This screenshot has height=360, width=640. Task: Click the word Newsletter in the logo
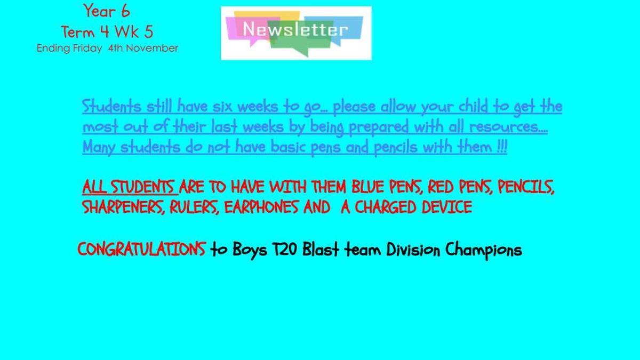tap(295, 29)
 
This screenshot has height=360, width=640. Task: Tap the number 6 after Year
tap(125, 11)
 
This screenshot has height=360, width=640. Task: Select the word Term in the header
tap(78, 31)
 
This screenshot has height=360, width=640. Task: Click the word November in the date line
tap(153, 48)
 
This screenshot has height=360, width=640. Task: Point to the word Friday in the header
tap(87, 49)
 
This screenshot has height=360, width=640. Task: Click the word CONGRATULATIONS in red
tap(142, 249)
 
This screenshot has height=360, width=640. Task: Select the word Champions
tap(484, 250)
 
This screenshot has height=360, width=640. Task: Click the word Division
tap(413, 249)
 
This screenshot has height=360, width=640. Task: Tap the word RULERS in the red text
tap(195, 207)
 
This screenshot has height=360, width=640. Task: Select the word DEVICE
tap(447, 207)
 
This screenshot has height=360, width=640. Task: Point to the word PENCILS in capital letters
tap(526, 187)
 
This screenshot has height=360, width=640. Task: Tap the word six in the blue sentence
tap(221, 107)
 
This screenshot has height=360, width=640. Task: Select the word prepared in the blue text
tap(379, 127)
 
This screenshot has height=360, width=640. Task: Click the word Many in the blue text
tap(99, 148)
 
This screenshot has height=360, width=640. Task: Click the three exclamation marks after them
tap(502, 147)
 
